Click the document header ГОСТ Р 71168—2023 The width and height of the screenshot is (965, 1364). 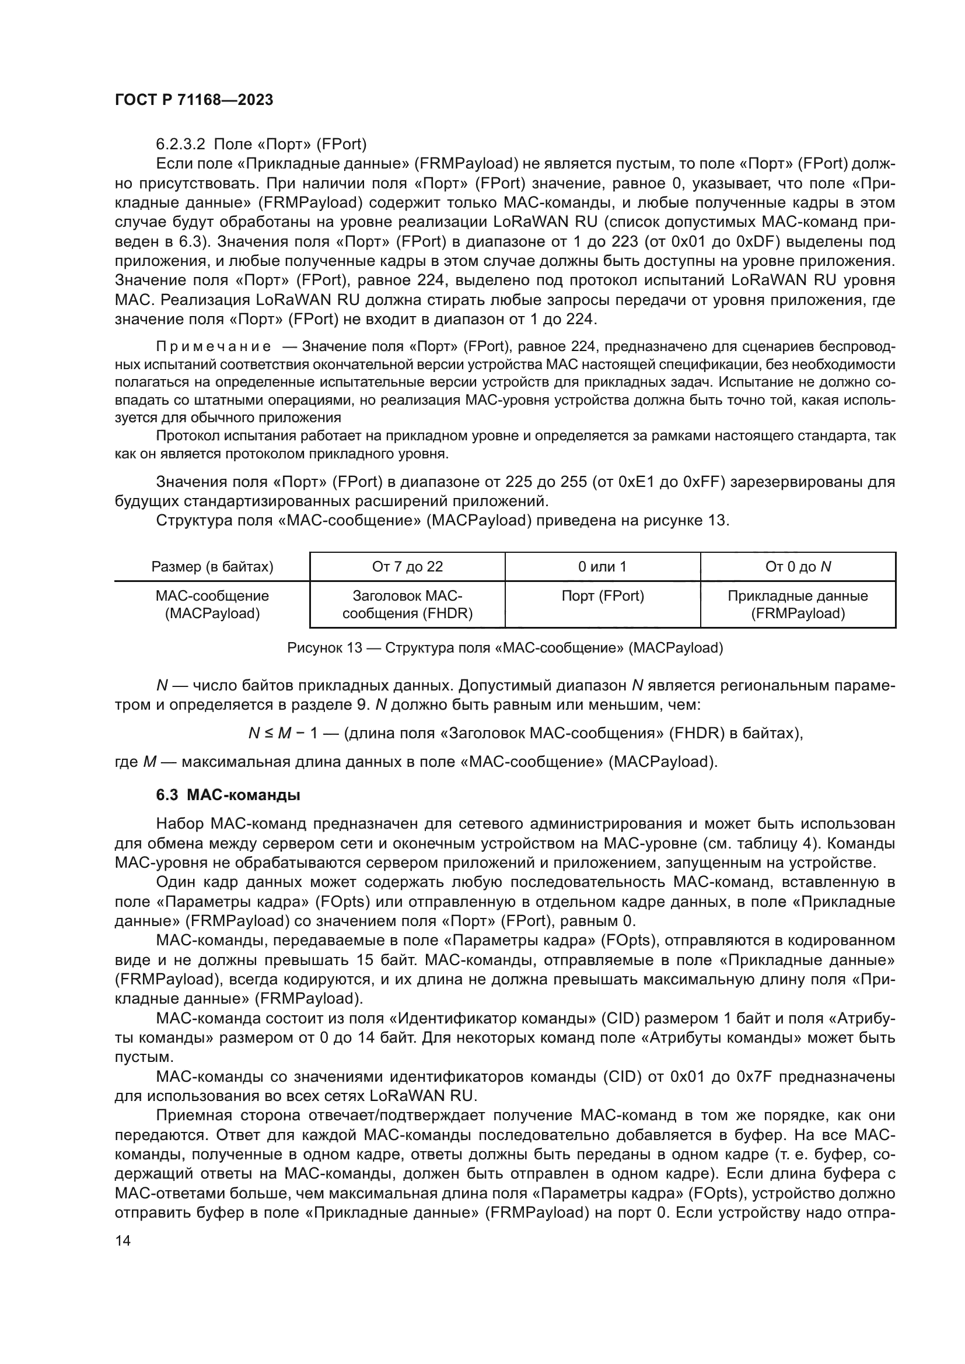click(x=194, y=100)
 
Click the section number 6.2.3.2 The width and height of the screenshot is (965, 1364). click(x=180, y=145)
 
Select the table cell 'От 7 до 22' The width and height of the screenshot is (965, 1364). click(x=407, y=567)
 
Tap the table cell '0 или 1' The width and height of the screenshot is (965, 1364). click(x=602, y=567)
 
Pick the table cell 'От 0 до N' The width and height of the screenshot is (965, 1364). click(x=798, y=567)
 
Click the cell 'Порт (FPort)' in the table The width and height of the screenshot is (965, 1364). click(x=602, y=596)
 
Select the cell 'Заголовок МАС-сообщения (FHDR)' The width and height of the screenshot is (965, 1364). click(x=407, y=605)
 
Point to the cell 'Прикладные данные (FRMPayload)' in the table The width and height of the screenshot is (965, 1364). click(x=798, y=605)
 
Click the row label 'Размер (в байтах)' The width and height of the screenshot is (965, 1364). click(x=212, y=567)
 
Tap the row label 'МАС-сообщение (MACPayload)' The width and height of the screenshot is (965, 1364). click(x=212, y=605)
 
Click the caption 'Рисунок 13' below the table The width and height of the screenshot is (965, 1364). click(x=324, y=648)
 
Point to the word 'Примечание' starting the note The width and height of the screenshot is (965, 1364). click(x=214, y=347)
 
